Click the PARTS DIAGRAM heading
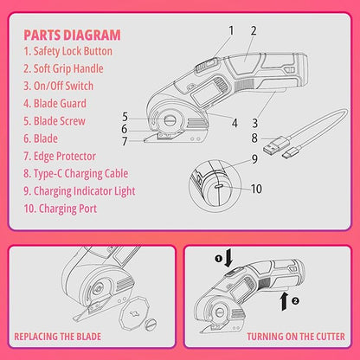[72, 35]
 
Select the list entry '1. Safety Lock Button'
[68, 51]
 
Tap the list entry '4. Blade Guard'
[55, 104]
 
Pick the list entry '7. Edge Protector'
[60, 156]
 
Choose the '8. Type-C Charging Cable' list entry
[76, 174]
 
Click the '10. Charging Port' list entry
[61, 209]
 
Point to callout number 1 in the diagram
[231, 30]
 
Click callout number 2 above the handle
[254, 30]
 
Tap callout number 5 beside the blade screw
[125, 117]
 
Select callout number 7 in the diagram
[125, 141]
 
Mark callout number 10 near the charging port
[256, 189]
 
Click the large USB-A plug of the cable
[274, 145]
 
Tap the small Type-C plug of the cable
[292, 153]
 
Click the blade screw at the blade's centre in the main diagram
[169, 120]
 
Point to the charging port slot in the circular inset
[218, 186]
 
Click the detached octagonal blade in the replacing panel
[134, 313]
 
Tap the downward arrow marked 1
[228, 258]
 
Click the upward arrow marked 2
[285, 301]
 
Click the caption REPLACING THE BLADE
[58, 337]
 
